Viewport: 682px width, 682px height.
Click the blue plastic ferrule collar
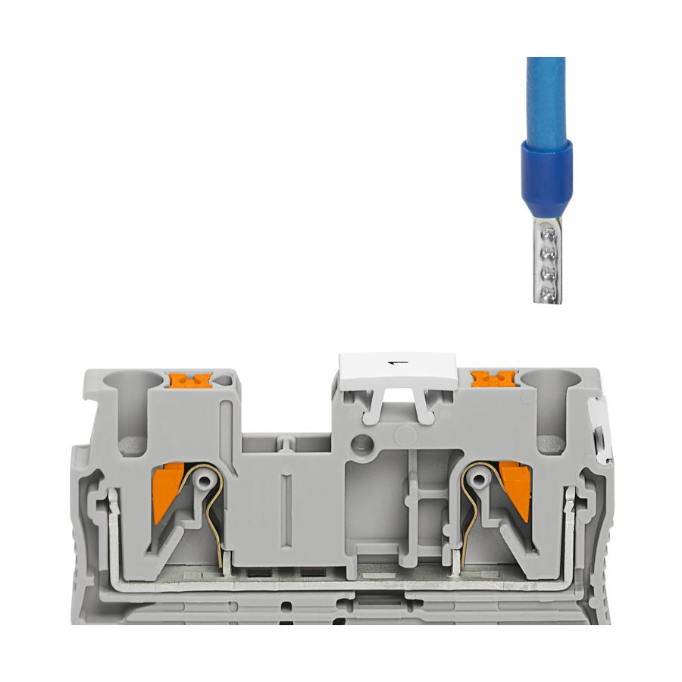coord(546,179)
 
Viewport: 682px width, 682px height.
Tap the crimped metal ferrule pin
coord(548,260)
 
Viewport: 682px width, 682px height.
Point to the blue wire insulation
coord(546,100)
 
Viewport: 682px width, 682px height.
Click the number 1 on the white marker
coord(397,362)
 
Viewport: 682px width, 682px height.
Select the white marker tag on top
coord(398,370)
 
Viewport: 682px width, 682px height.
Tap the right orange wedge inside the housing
coord(516,492)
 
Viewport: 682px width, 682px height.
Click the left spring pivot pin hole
coord(204,480)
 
